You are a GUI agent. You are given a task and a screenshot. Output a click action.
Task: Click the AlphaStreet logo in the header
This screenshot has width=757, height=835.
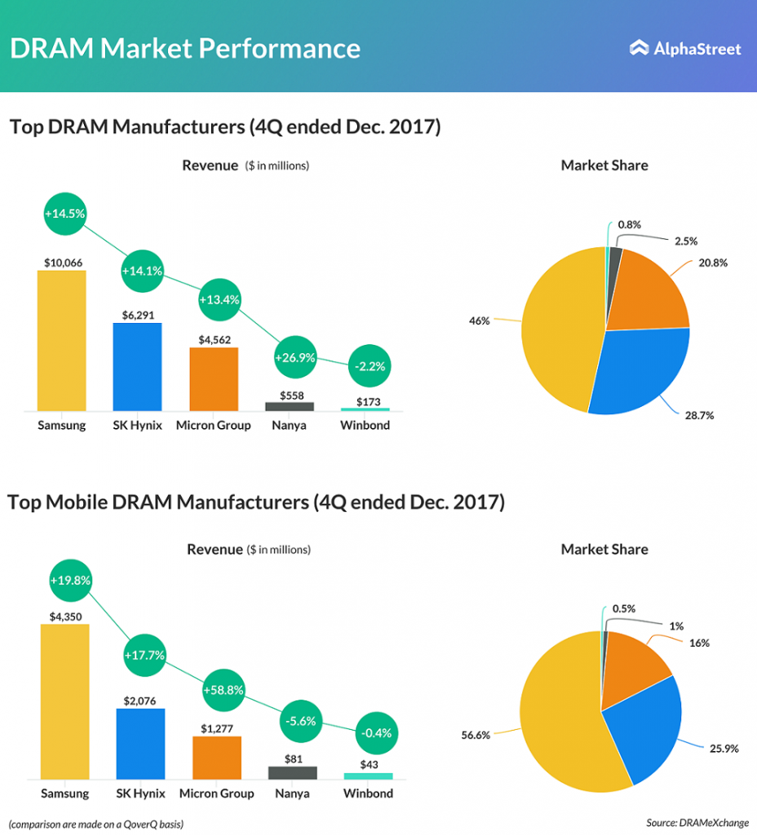(x=685, y=49)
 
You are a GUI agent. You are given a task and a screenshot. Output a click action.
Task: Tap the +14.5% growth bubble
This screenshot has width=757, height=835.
(x=64, y=213)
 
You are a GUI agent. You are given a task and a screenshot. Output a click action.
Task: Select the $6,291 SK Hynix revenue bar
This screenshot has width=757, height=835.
(x=137, y=367)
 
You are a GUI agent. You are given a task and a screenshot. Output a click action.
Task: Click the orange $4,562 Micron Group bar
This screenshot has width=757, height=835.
(x=214, y=379)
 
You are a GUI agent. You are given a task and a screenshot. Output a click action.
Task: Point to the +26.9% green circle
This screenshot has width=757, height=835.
(x=294, y=357)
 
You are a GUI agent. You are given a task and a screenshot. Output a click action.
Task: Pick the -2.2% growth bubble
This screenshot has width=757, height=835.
(x=370, y=367)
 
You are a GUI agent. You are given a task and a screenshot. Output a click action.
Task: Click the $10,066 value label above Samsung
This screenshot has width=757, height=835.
(x=61, y=263)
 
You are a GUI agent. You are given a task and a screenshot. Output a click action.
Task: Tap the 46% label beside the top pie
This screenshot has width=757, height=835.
(x=480, y=321)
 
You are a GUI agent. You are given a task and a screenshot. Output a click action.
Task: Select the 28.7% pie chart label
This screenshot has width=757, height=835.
(x=697, y=415)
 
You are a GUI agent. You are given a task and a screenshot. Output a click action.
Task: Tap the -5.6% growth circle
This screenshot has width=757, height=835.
(x=298, y=721)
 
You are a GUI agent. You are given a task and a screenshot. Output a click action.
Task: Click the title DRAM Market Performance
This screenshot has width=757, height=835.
(x=185, y=48)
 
